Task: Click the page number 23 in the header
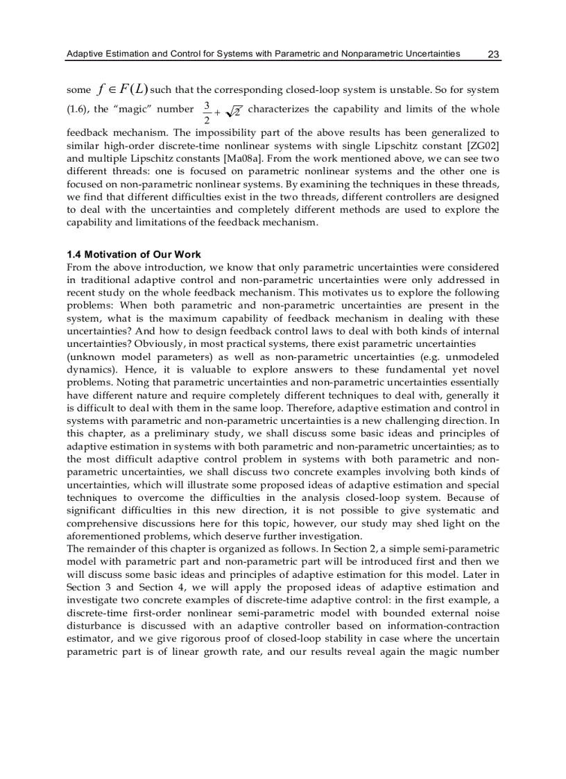tap(494, 53)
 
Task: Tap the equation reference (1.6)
tap(77, 109)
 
